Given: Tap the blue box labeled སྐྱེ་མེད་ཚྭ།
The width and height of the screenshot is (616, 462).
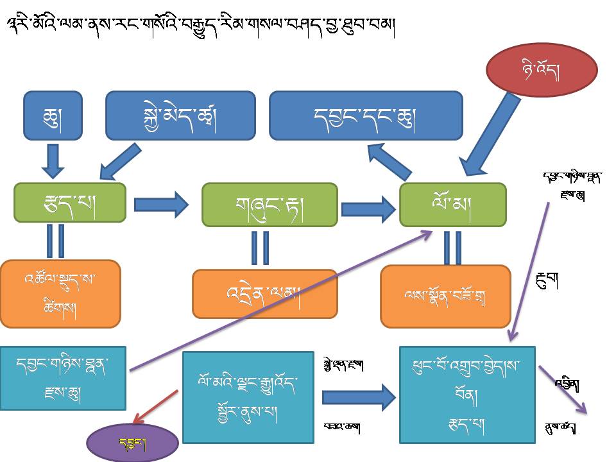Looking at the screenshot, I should click(180, 116).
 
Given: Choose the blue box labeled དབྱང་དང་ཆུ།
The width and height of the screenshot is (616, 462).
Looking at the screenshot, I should click(366, 116).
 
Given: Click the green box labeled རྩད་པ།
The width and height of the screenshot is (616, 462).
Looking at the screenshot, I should click(70, 203).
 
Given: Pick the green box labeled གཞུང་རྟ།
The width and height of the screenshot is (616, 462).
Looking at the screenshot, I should click(269, 205).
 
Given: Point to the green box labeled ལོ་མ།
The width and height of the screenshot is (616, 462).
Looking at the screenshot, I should click(452, 205).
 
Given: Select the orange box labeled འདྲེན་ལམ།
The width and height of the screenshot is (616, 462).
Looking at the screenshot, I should click(265, 294).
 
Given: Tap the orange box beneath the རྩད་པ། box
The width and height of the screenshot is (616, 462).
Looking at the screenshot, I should click(60, 294).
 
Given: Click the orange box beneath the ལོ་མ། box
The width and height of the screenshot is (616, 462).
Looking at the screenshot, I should click(445, 296).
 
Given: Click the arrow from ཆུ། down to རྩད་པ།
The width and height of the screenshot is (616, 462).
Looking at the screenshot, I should click(53, 160).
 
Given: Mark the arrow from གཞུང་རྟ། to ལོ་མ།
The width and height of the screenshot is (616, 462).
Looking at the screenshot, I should click(368, 209).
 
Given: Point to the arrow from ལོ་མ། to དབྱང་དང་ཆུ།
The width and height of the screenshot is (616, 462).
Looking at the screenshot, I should click(389, 160).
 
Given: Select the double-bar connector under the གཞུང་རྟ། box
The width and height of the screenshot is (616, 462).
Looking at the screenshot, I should click(260, 248).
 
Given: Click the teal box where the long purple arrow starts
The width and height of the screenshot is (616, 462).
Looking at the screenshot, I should click(63, 378).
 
